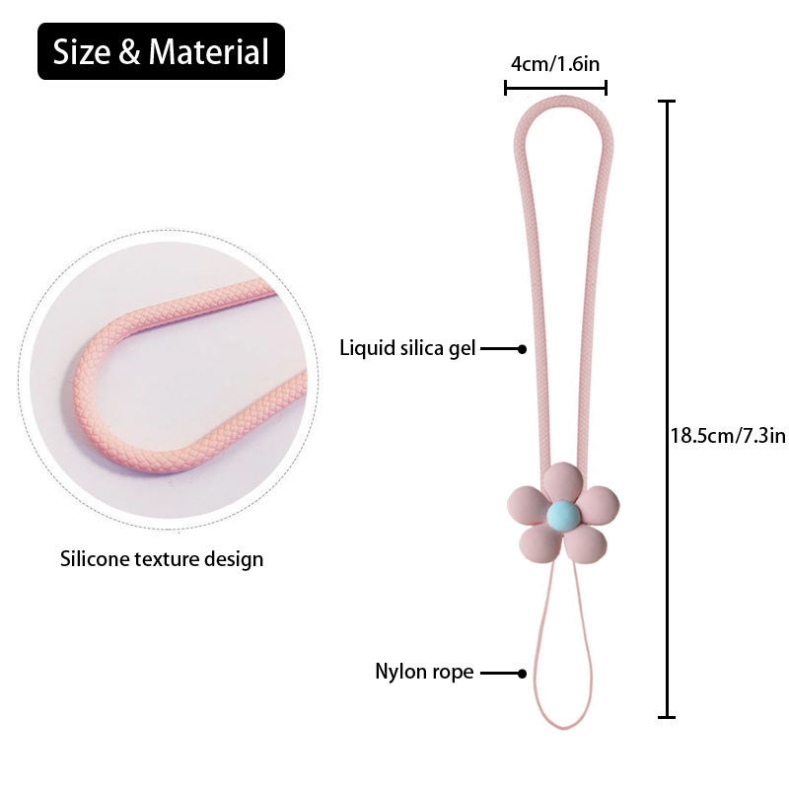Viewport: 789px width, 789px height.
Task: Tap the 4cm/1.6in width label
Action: (555, 64)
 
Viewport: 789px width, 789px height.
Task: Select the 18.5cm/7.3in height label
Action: (728, 435)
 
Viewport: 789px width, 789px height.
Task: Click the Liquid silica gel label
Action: (407, 347)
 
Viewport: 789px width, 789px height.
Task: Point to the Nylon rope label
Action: (424, 673)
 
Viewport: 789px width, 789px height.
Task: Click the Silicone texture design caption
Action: (162, 559)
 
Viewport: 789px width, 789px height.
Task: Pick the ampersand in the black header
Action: (130, 52)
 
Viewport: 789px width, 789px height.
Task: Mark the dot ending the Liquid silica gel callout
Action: (522, 348)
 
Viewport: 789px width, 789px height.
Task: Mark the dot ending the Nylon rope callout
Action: (522, 674)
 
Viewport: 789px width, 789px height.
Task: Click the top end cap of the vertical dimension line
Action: (669, 102)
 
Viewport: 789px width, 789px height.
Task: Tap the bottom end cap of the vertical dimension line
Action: (669, 716)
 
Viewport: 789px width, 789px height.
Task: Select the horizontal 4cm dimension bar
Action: (555, 89)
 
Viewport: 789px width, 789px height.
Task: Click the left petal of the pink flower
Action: (526, 503)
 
